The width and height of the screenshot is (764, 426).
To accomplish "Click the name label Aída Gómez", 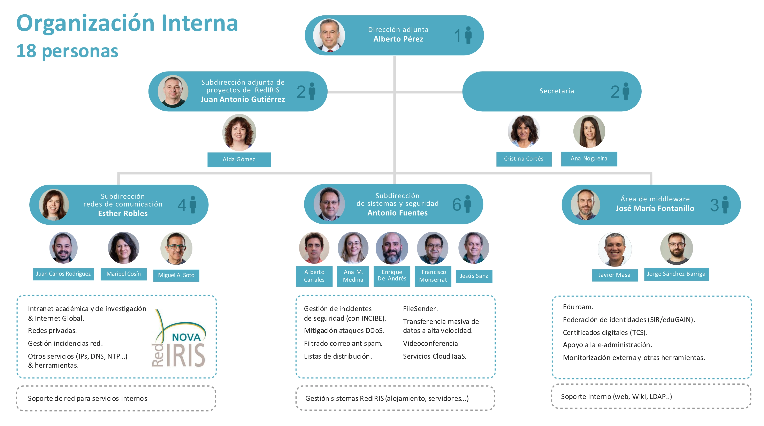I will pos(239,159).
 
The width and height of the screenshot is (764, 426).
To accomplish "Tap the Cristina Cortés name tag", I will pos(524,159).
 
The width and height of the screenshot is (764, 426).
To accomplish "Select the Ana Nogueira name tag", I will pos(589,158).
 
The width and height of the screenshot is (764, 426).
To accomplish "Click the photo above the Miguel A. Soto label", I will pos(176,248).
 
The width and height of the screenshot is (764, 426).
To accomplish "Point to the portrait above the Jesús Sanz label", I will pos(473,248).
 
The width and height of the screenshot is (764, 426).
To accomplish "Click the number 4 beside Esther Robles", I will pos(182,205).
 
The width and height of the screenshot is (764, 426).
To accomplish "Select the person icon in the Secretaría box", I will pos(626,91).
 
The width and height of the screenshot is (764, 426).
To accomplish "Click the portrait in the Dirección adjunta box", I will pos(329,35).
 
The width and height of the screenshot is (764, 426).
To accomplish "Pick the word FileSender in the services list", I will pos(420,309).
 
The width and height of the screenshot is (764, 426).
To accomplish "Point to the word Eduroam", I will pos(578,307).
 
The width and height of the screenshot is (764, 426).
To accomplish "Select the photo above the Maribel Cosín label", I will pos(123,248).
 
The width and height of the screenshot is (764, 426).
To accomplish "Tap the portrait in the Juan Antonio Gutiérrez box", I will pos(173,91).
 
